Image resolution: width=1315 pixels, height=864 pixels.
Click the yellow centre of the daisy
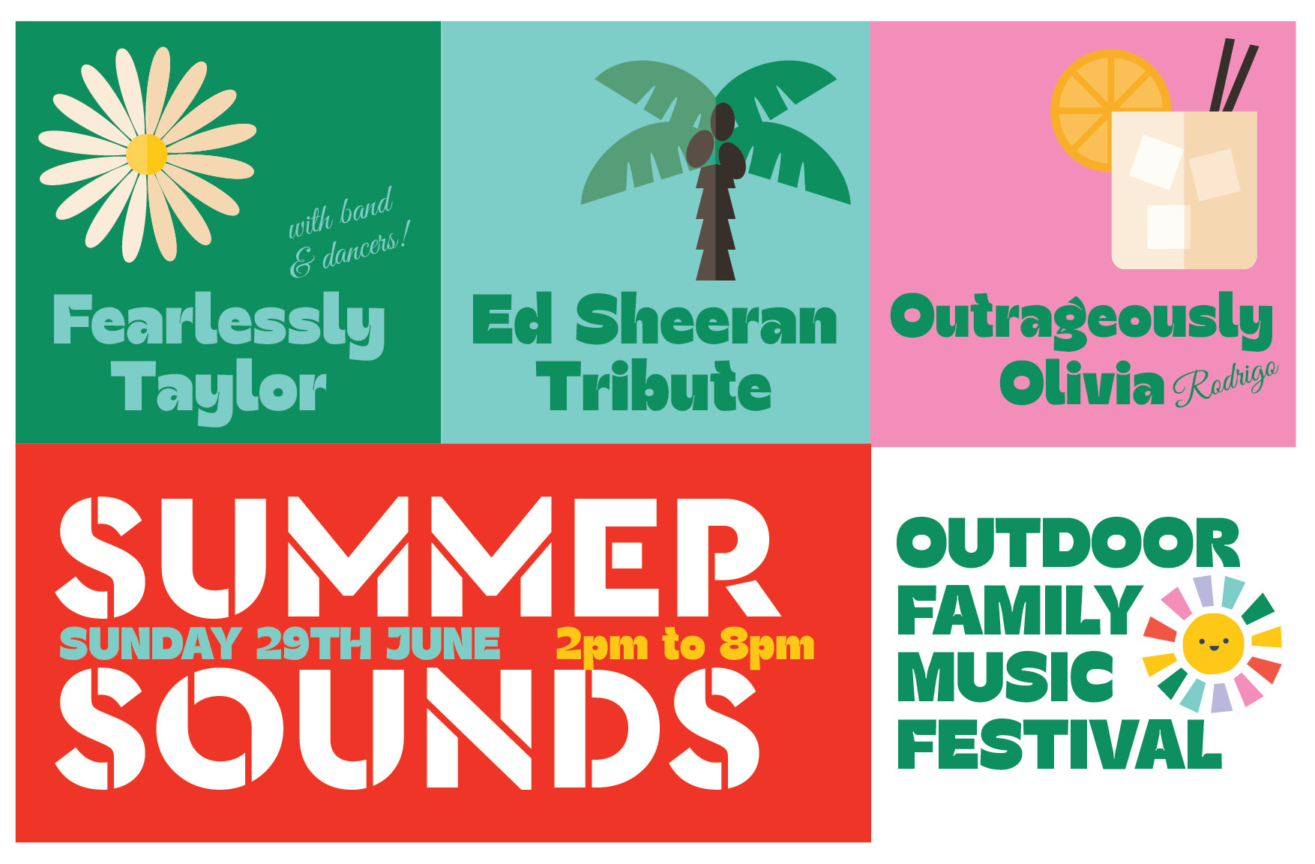pos(146,154)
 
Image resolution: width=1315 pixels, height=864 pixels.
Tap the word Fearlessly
pos(218,322)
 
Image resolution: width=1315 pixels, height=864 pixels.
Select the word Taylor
pos(218,388)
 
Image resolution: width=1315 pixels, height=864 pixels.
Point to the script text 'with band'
pos(341,214)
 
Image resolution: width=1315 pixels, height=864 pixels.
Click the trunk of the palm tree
pos(715,225)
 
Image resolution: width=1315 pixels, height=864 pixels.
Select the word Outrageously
pos(1080,319)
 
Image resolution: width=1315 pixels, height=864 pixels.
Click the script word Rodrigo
pos(1226,382)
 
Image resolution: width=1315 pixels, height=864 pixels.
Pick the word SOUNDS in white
pos(409,727)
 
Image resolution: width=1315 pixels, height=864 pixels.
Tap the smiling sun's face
pos(1212,643)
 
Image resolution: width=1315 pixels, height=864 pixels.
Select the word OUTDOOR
pos(1068,543)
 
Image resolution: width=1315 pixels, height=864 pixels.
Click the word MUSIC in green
pos(1005,676)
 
